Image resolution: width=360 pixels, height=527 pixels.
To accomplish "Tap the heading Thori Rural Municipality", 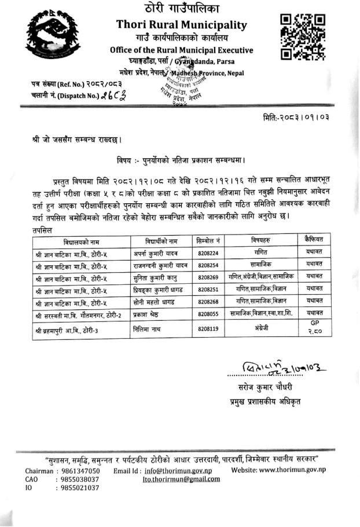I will (x=181, y=25).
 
